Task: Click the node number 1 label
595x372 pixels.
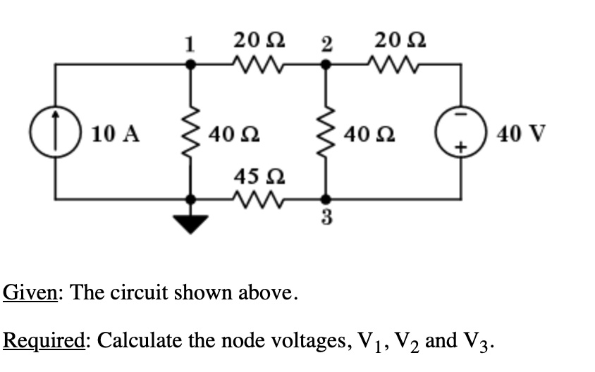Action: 188,44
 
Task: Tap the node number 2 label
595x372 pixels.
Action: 325,44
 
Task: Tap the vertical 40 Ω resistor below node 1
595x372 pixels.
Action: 189,132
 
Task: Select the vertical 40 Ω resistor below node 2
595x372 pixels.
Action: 325,132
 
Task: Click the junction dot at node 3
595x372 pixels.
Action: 325,199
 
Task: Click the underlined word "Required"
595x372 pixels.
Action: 44,340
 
